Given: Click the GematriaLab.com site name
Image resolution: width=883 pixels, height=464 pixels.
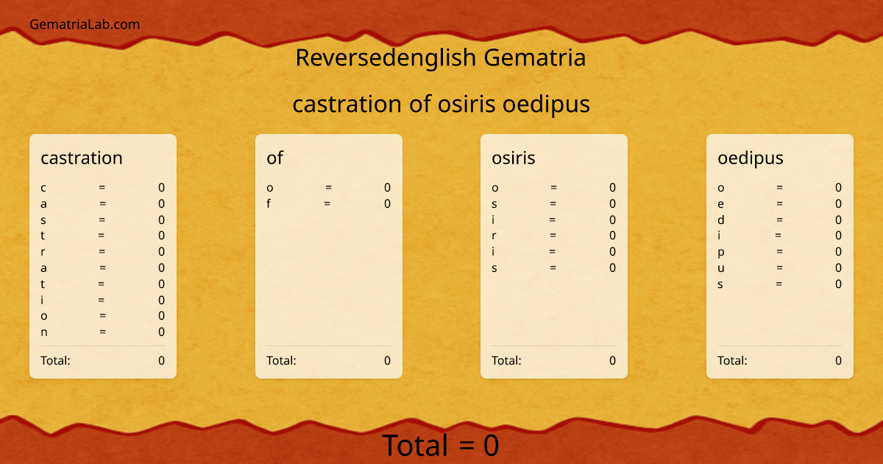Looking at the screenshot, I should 85,24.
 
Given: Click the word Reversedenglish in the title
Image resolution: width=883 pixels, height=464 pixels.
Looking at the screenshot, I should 386,57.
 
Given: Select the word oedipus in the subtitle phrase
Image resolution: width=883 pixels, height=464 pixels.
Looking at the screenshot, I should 546,105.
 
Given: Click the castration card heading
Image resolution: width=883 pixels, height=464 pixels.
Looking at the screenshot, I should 82,158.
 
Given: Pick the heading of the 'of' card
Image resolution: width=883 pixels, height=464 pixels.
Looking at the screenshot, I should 274,158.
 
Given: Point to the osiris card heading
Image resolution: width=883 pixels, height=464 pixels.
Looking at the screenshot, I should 514,158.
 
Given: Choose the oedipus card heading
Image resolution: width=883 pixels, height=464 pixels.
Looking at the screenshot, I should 751,158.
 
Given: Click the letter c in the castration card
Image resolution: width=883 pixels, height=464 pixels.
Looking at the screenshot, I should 43,188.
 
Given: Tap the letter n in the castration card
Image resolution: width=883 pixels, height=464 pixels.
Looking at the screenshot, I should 44,331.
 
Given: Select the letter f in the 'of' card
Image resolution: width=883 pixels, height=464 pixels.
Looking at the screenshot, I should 269,204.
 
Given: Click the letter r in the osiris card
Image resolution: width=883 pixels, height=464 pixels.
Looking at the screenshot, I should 494,236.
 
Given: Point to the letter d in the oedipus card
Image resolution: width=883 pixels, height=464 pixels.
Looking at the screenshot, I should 721,219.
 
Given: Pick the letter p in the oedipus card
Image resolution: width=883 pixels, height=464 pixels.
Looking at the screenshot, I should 721,252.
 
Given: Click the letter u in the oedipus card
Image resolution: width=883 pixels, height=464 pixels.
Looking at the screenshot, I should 721,268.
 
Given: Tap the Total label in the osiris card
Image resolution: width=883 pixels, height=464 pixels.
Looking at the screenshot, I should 506,360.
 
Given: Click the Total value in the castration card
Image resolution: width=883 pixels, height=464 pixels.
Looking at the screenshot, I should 161,360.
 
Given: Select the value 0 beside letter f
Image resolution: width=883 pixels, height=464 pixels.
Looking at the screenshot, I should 387,204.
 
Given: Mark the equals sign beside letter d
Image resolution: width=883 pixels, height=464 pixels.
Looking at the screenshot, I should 779,219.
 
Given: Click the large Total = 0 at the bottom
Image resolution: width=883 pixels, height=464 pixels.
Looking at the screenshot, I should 440,446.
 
